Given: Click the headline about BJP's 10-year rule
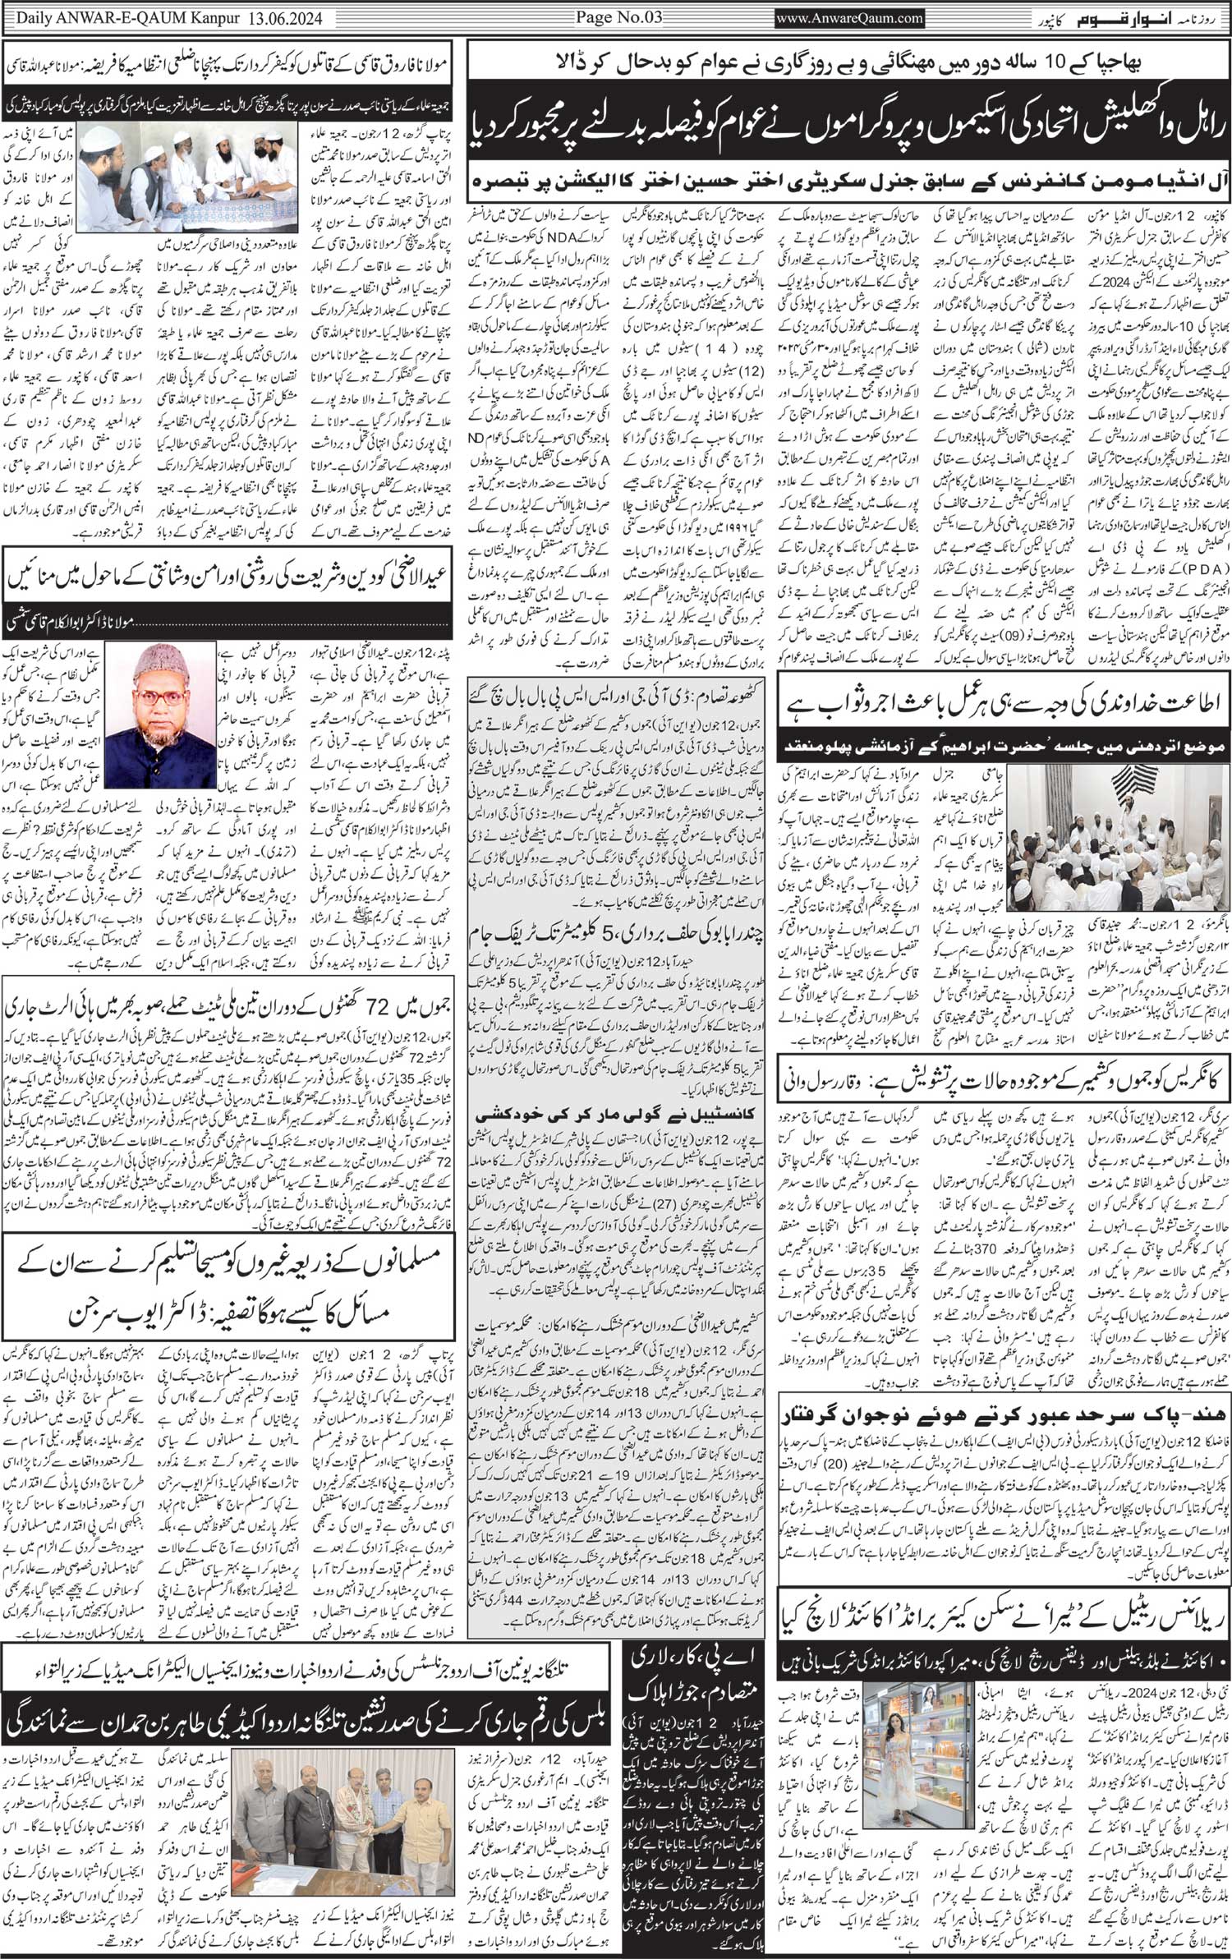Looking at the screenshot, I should [845, 62].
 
